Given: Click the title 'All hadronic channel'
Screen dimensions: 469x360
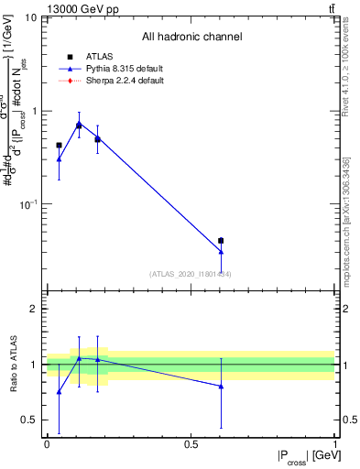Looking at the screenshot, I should tap(191, 37).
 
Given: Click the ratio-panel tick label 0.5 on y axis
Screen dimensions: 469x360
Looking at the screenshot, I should tap(30, 420).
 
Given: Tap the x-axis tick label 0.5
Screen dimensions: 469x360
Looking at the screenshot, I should tap(191, 444).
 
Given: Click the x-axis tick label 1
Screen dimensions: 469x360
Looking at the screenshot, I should tap(334, 444).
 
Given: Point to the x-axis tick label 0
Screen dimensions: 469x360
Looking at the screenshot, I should tap(47, 444).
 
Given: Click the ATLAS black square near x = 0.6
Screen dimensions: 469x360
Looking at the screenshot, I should tap(221, 241).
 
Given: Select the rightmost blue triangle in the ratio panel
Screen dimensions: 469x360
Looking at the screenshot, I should tap(221, 387).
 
